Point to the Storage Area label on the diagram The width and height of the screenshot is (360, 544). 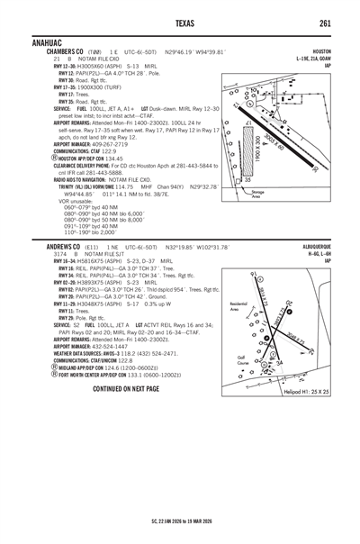(x=257, y=193)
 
